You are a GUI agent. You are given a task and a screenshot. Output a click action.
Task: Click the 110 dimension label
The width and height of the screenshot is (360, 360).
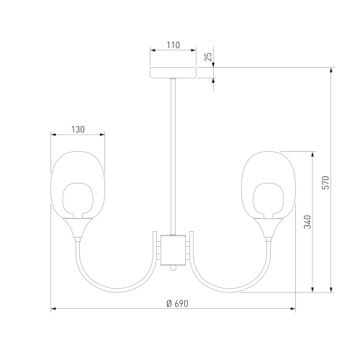click(174, 45)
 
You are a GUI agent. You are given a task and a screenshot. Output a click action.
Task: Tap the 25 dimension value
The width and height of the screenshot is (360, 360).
click(209, 56)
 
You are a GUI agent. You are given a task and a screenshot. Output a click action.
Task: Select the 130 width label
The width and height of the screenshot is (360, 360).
click(78, 130)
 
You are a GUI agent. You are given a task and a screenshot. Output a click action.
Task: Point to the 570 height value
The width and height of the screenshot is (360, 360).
click(326, 182)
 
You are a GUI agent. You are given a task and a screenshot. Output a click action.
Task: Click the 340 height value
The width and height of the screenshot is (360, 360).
click(307, 222)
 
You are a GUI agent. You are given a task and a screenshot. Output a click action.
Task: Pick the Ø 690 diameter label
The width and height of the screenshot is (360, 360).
click(177, 304)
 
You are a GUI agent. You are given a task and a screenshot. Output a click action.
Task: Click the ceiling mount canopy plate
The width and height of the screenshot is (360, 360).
click(174, 73)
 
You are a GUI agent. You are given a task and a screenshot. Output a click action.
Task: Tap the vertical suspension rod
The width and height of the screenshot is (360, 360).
click(174, 157)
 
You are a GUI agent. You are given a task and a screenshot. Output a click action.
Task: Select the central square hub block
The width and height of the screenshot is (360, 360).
click(173, 250)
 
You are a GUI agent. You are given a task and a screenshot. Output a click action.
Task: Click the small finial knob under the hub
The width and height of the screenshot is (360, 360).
click(173, 268)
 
